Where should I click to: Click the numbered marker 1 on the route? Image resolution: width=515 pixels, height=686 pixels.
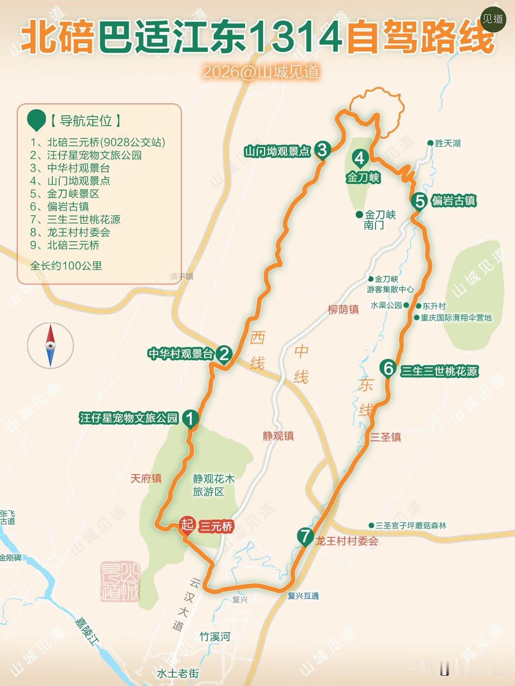click(190, 417)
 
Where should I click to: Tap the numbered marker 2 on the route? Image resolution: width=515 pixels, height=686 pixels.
click(224, 354)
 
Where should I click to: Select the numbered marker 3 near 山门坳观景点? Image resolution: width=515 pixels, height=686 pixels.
click(322, 150)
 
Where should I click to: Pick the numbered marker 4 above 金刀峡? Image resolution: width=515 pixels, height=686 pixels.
click(359, 158)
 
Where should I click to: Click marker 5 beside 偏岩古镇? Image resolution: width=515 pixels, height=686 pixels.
click(419, 200)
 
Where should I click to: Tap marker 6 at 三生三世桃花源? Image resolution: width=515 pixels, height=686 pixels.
click(388, 368)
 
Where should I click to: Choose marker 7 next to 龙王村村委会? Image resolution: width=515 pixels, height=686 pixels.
click(305, 536)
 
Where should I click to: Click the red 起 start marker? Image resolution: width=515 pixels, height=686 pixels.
click(187, 524)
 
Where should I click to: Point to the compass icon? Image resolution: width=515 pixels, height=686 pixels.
click(51, 346)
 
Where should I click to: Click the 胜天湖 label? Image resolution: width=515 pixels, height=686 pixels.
click(448, 143)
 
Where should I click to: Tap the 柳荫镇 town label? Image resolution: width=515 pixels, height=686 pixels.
click(343, 310)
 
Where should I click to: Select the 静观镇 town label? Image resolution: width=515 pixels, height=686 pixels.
click(278, 436)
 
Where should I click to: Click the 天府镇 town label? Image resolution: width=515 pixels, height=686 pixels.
click(146, 478)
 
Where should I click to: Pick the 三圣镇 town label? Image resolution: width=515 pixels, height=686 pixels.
click(385, 437)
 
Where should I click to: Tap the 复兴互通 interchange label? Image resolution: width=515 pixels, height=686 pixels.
click(303, 596)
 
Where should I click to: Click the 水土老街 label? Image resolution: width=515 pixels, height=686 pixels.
click(178, 674)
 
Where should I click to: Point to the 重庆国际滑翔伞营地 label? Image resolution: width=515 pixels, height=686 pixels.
click(456, 318)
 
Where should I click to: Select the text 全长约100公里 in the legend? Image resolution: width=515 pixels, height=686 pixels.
click(66, 266)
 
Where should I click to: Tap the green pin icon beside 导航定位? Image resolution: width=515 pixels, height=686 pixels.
click(36, 120)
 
